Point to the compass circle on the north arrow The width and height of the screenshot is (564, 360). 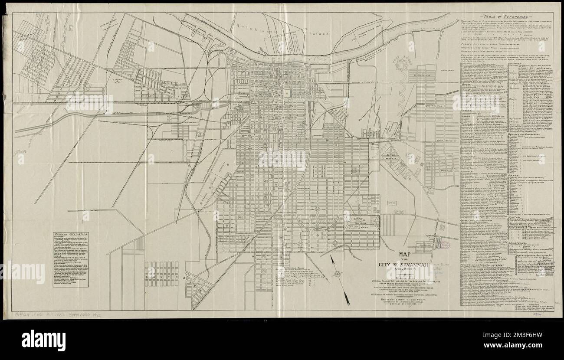pyautogui.click(x=337, y=274)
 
